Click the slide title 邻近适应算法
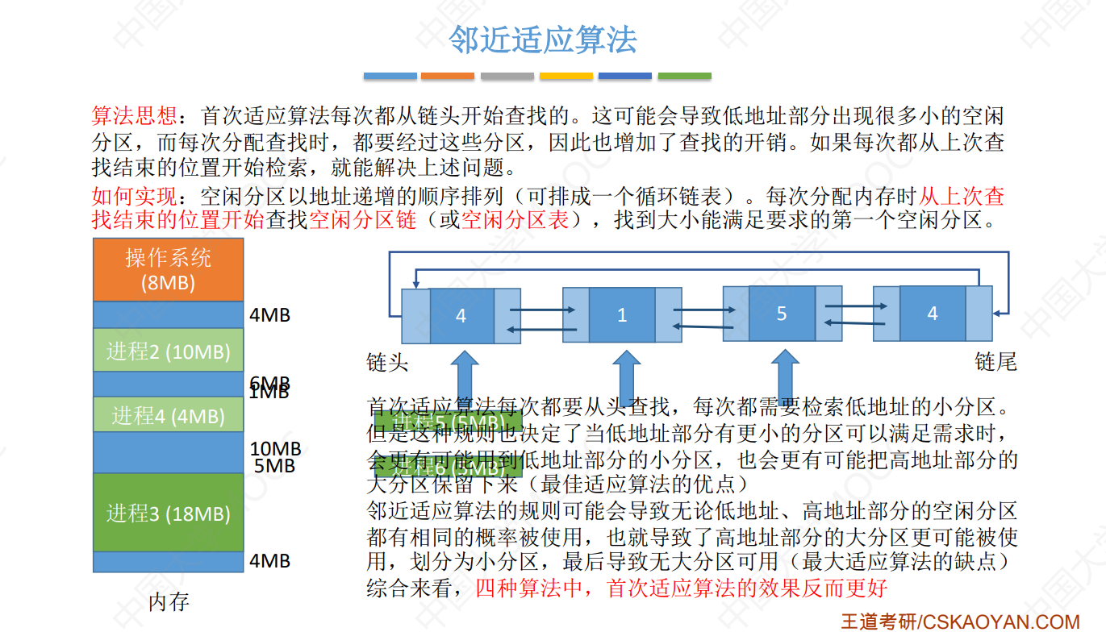point(542,39)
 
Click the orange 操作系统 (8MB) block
point(168,269)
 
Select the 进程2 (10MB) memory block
point(168,351)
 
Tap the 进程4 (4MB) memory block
point(168,415)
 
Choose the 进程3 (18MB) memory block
point(168,513)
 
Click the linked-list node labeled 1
point(622,314)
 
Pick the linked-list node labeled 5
point(781,313)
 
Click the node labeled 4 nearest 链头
point(461,314)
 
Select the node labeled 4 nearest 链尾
point(933,313)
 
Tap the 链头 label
point(387,363)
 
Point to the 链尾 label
point(995,363)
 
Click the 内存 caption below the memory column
point(169,601)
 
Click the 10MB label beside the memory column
point(275,449)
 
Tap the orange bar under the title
point(448,76)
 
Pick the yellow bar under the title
point(566,76)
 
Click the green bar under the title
point(684,76)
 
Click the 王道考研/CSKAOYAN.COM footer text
point(960,622)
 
